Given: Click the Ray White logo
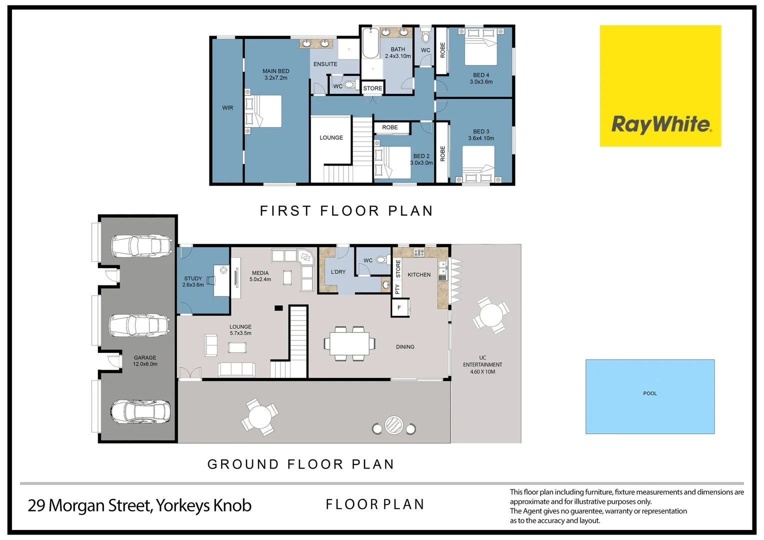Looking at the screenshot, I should point(660,86).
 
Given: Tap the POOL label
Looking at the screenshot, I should point(649,393).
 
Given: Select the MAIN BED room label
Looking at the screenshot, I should point(275,71).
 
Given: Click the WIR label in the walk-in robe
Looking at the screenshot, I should point(227,108).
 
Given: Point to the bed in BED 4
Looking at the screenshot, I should point(480,47).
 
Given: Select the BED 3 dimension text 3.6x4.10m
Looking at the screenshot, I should point(481,138).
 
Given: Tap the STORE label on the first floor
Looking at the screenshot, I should point(372,88).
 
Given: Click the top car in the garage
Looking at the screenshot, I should point(138,246).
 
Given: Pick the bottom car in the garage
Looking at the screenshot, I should point(140,411).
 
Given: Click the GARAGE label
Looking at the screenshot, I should point(145,358).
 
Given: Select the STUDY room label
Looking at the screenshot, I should point(193,278).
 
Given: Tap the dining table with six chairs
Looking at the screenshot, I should point(349,343).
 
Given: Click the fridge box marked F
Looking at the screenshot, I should point(399,307).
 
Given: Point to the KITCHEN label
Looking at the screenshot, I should point(419,275).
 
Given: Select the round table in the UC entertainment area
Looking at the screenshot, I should point(491,316).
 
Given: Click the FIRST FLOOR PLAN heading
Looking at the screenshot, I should point(346,211).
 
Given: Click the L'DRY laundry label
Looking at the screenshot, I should point(338,272).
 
